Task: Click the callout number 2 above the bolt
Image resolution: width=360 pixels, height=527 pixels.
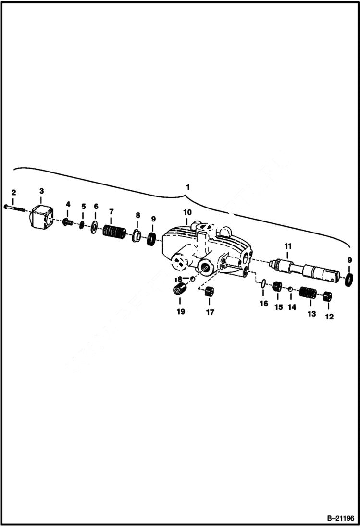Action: (x=13, y=192)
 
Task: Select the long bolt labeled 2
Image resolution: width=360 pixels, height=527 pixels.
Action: (x=14, y=207)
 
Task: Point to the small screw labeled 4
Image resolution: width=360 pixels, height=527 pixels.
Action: (x=68, y=222)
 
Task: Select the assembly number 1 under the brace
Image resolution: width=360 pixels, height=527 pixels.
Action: (x=187, y=186)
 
